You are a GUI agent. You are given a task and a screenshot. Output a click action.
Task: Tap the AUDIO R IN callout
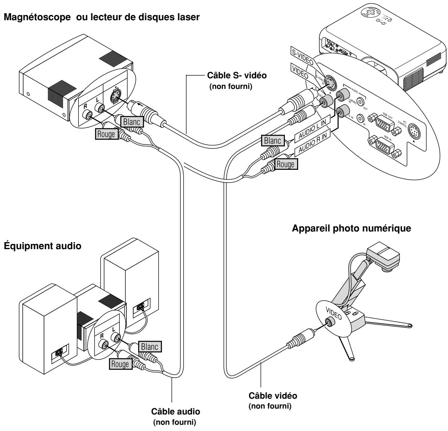[312, 145]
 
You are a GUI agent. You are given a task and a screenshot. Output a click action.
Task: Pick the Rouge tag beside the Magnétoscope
[106, 134]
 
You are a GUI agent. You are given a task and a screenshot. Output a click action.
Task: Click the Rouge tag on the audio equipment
[119, 364]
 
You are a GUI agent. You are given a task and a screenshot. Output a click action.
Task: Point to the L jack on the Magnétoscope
[99, 108]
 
